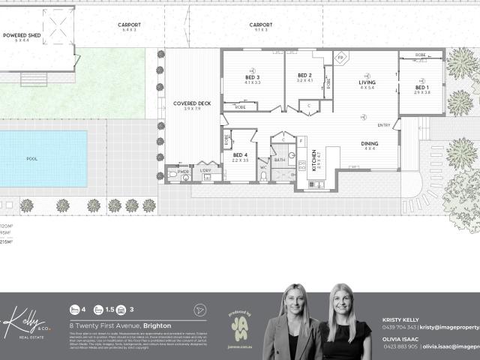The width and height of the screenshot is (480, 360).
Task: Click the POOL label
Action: click(x=31, y=159)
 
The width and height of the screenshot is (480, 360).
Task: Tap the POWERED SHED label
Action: click(x=20, y=35)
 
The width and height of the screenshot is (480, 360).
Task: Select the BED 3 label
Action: click(x=252, y=77)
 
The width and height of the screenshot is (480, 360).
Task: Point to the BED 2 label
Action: click(x=304, y=75)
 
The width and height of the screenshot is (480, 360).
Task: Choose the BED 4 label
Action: click(x=240, y=155)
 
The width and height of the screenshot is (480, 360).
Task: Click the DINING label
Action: click(x=370, y=143)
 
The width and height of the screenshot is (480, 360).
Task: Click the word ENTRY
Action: click(x=384, y=124)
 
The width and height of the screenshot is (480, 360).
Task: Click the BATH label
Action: click(x=279, y=160)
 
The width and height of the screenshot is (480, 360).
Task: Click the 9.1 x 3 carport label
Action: click(x=260, y=25)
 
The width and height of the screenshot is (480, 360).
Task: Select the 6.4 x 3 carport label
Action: click(x=129, y=25)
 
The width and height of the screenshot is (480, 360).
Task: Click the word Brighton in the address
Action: click(x=154, y=325)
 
